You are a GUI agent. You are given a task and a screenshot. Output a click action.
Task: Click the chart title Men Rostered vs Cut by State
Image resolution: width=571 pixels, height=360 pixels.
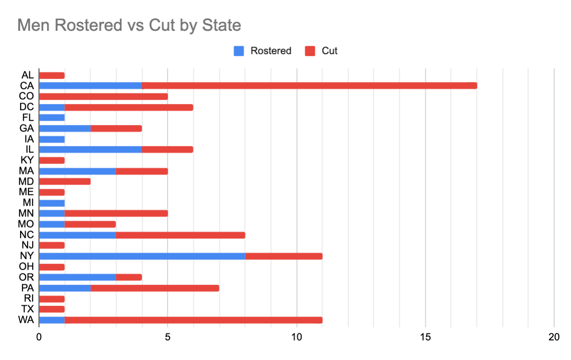[x=129, y=25]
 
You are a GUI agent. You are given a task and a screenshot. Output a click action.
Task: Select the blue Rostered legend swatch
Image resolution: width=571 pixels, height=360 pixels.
[x=239, y=51]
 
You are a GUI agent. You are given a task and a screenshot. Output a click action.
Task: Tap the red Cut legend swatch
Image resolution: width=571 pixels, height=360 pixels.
[x=310, y=51]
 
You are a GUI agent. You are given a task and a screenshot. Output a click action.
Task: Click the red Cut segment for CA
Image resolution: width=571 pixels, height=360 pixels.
[x=309, y=85]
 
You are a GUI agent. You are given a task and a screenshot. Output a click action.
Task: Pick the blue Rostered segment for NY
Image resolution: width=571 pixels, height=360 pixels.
[x=142, y=256]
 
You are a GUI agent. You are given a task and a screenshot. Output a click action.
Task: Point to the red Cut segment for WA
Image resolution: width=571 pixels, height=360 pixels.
[x=193, y=320]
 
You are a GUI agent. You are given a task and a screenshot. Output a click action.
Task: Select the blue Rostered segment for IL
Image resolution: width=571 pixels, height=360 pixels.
[x=91, y=149]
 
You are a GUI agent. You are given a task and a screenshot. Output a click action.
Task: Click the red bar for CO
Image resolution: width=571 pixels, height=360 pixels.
[x=103, y=97]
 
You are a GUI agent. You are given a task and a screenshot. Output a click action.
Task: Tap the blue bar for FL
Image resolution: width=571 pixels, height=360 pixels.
[x=52, y=118]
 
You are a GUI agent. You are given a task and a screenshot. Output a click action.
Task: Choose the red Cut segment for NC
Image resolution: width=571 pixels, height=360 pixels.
[x=181, y=235]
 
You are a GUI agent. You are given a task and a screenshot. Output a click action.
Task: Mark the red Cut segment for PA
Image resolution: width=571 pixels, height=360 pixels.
[x=154, y=288]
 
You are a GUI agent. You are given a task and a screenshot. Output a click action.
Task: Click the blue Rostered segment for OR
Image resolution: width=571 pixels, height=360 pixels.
[x=77, y=277]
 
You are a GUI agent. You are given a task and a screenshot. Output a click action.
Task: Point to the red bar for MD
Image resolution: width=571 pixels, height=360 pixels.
[x=65, y=181]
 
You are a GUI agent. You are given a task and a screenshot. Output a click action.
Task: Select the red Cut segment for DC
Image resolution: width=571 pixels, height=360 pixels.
[x=129, y=107]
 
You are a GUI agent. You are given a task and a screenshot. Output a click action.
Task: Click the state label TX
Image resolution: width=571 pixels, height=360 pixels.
[x=27, y=309]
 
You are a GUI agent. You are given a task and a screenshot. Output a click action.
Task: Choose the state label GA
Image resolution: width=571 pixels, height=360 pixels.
[x=27, y=128]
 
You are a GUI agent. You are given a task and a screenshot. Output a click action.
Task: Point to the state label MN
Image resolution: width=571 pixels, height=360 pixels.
[x=26, y=213]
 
